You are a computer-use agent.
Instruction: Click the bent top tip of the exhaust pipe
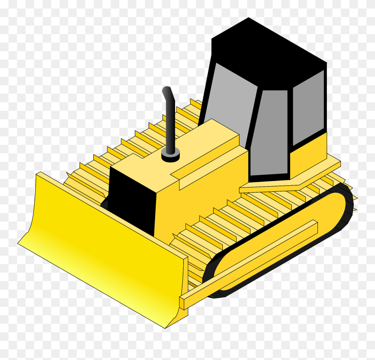(167, 91)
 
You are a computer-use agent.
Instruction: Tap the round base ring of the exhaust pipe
(170, 157)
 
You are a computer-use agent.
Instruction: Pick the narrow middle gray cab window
(271, 132)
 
